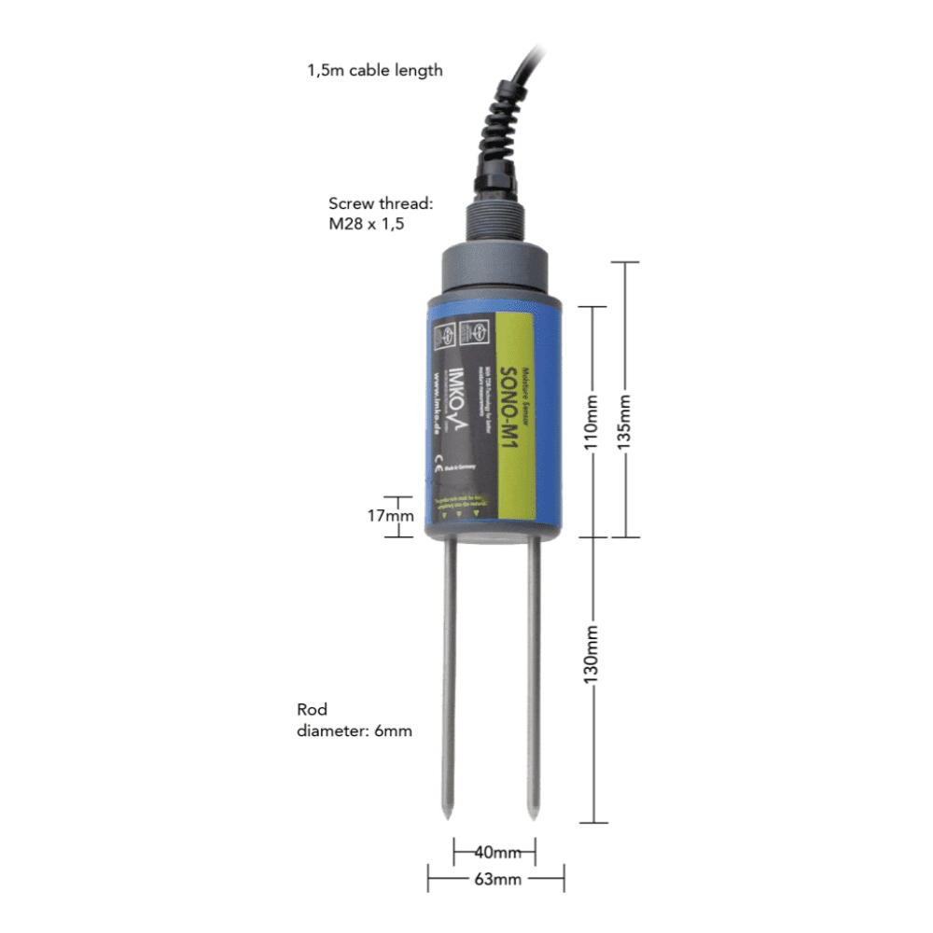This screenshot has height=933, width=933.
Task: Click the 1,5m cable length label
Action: click(x=374, y=70)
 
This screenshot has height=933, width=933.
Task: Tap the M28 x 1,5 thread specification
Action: click(x=366, y=225)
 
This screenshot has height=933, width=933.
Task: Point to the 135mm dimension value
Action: click(x=624, y=421)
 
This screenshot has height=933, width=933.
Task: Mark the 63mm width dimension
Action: click(x=495, y=879)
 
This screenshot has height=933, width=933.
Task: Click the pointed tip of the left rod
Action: click(x=449, y=818)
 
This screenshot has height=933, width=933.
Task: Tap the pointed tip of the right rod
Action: click(x=534, y=818)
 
